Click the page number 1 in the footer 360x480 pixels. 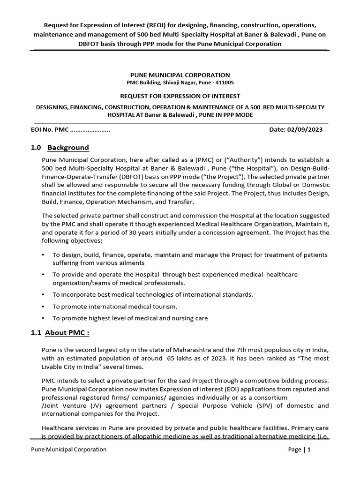point(309,450)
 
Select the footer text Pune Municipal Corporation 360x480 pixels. point(68,450)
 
